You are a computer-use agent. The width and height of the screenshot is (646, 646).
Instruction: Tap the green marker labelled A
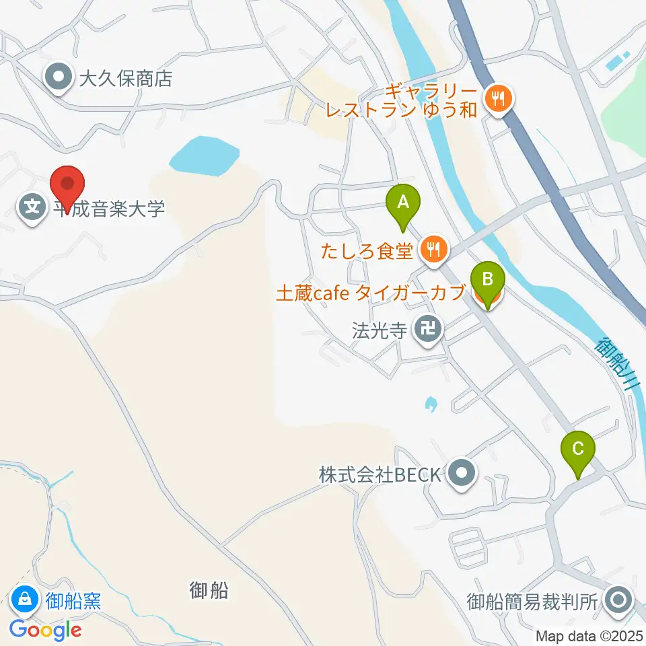tap(402, 202)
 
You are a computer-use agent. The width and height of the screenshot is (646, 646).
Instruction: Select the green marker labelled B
tap(488, 279)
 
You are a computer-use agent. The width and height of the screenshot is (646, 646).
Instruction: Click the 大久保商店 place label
tap(125, 79)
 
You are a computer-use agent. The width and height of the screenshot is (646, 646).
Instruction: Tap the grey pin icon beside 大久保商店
tap(59, 79)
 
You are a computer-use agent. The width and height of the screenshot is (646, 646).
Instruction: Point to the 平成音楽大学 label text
tap(109, 209)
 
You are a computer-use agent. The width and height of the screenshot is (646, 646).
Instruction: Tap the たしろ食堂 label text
tap(367, 251)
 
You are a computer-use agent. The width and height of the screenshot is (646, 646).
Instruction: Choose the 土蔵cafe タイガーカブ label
tap(371, 293)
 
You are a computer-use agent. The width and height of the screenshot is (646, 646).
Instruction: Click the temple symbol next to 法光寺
tap(428, 330)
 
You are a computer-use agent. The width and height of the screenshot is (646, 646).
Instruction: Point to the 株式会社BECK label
tap(380, 474)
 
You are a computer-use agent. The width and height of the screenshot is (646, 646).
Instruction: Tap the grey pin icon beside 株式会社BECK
tap(462, 474)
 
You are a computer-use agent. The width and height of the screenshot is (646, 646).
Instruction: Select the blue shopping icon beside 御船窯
tap(25, 598)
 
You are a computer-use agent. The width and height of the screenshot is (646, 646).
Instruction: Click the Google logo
tap(46, 630)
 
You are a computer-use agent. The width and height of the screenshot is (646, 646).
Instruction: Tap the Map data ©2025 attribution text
tap(589, 636)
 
